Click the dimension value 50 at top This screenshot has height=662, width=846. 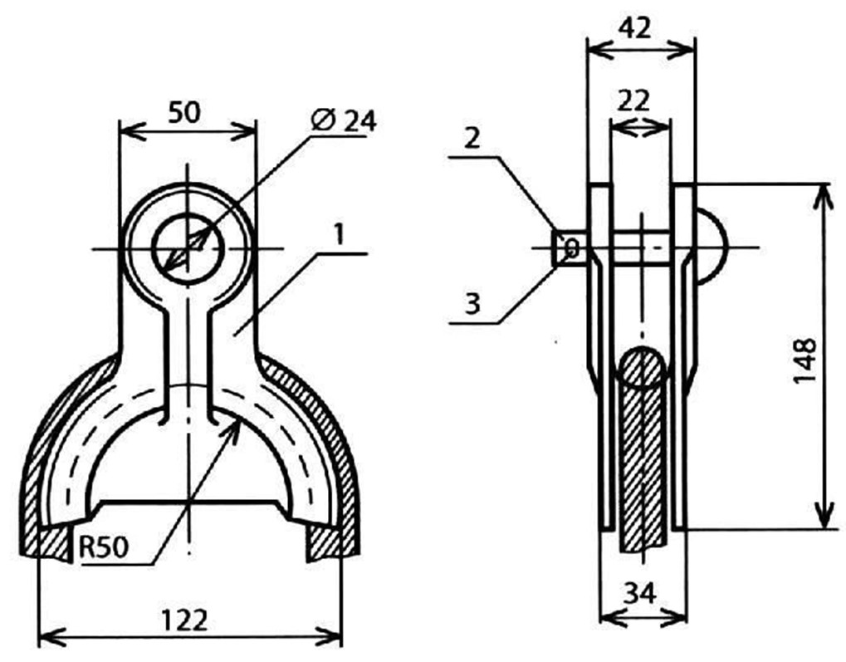point(184,113)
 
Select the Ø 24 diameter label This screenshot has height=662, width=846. point(344,121)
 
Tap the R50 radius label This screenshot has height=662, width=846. point(104,547)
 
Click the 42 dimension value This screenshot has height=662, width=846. point(635,28)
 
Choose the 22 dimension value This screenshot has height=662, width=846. point(633,101)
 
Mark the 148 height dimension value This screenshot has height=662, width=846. point(804,360)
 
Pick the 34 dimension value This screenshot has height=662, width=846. point(640,593)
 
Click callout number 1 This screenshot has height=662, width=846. point(339,234)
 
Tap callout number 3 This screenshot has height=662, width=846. point(472,304)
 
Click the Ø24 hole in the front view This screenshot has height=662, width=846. point(188,248)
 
